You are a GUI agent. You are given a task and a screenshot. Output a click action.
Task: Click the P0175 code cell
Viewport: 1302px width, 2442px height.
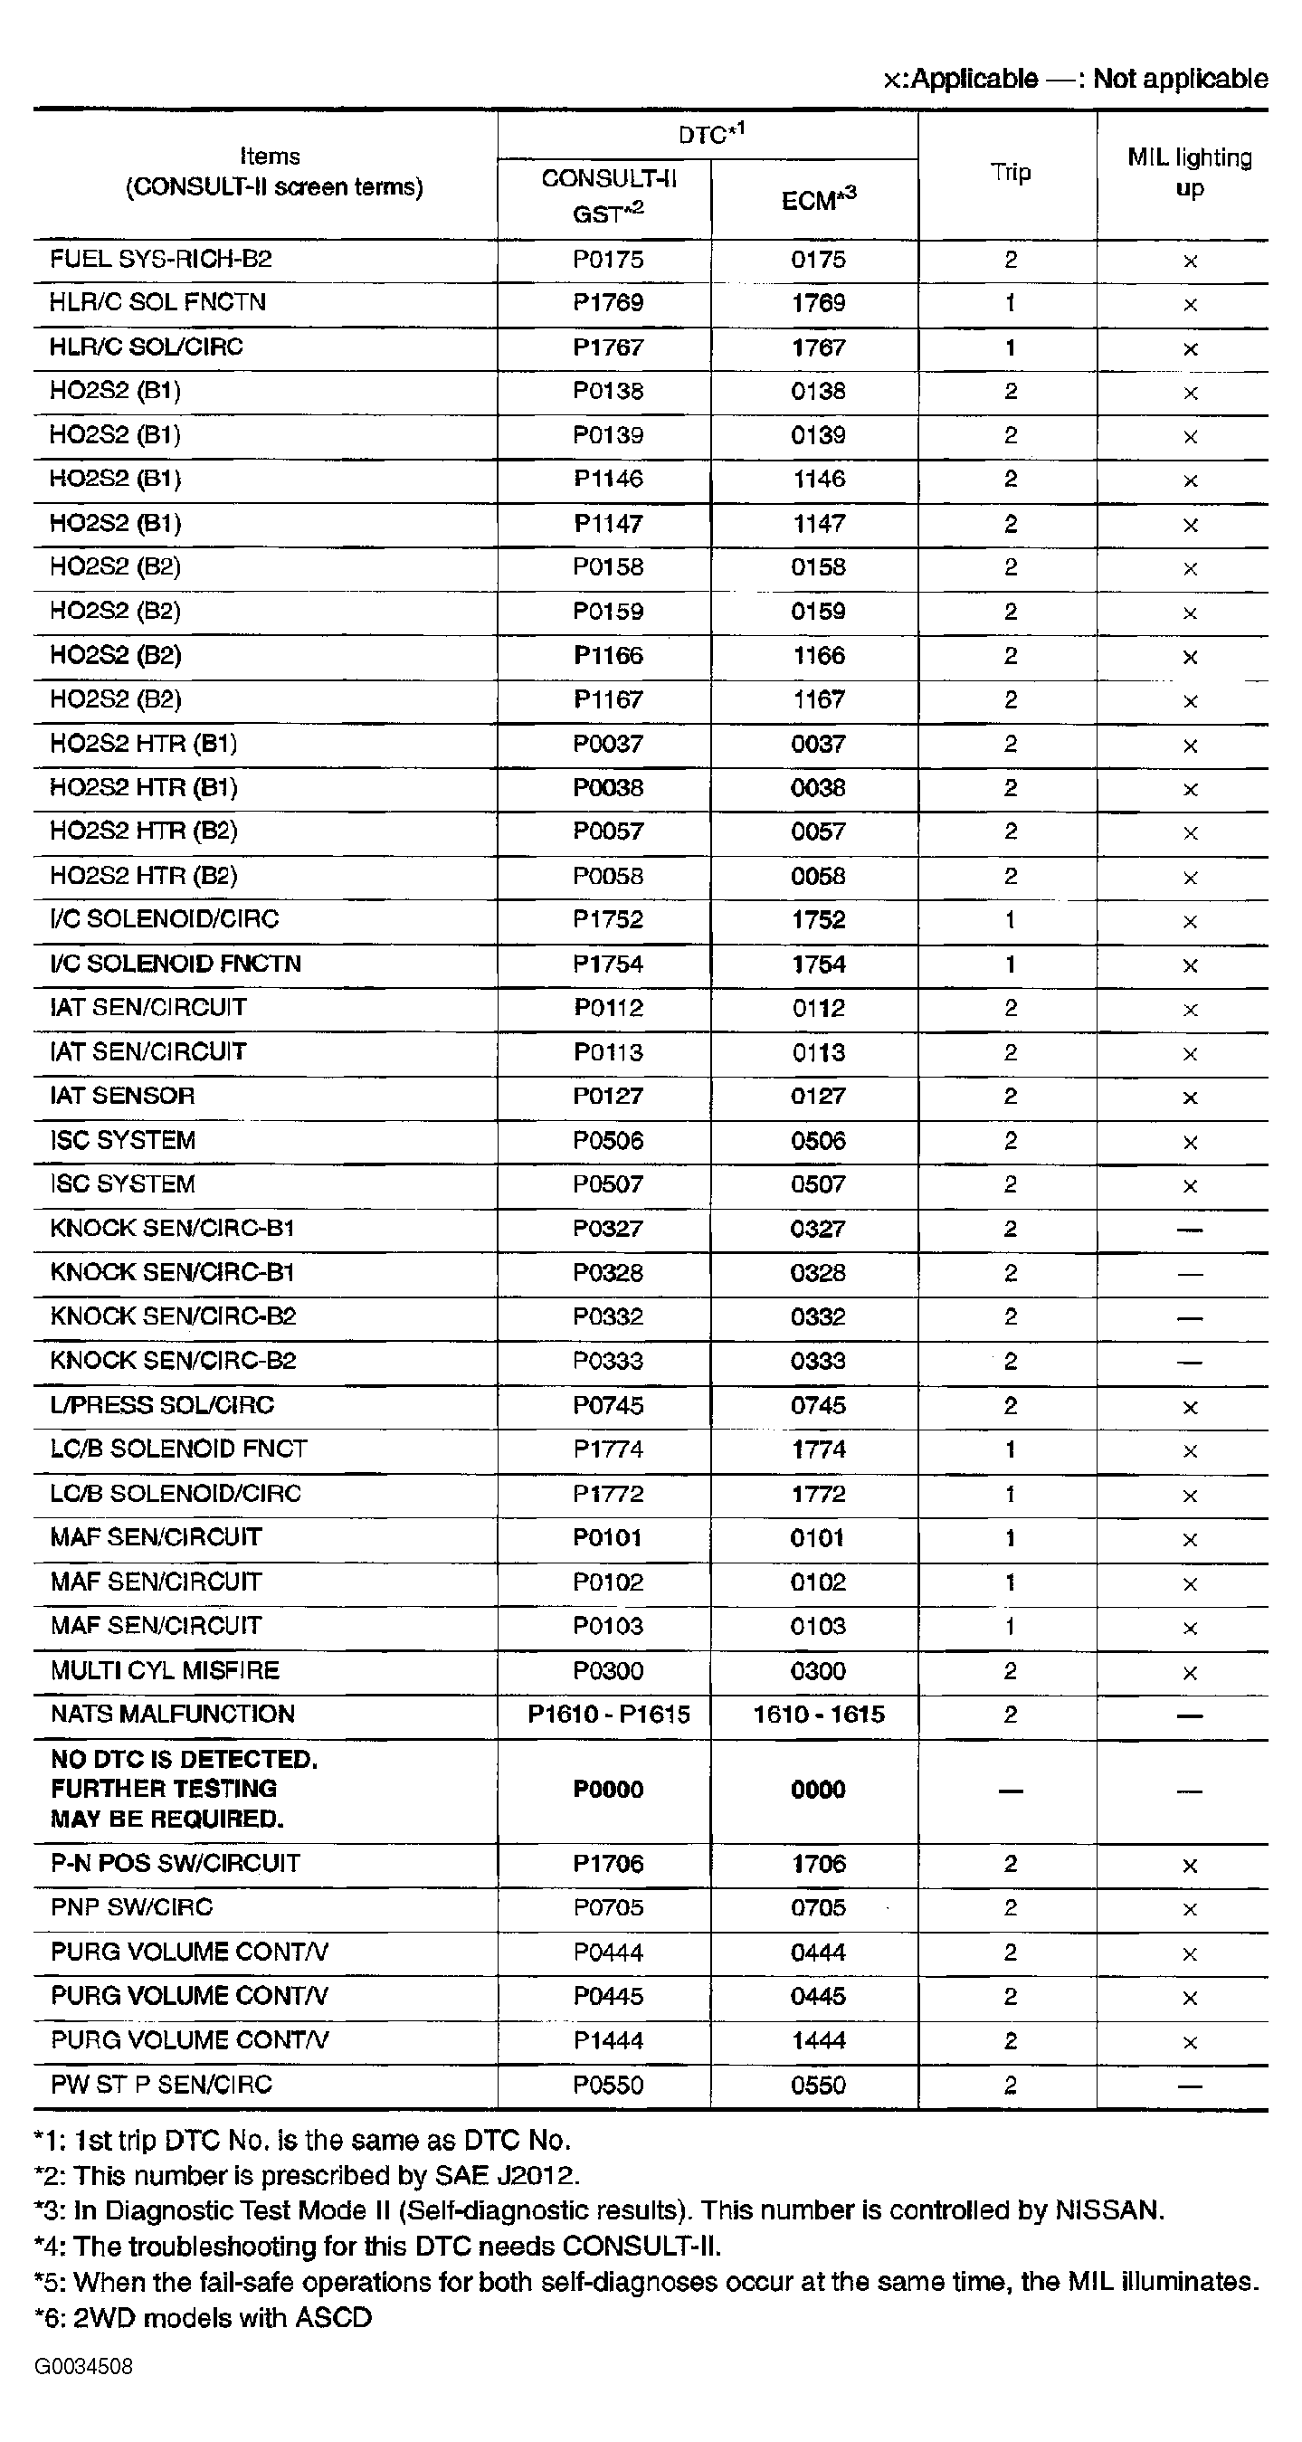[x=608, y=260]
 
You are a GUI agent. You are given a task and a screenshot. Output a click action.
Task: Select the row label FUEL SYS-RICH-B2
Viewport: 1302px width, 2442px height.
[x=160, y=260]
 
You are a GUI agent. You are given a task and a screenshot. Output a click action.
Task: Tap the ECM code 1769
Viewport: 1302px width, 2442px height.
[x=818, y=303]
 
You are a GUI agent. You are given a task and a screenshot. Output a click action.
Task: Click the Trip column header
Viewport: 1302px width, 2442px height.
[x=1010, y=173]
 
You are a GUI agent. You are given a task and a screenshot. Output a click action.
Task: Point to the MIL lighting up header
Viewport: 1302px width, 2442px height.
[x=1189, y=173]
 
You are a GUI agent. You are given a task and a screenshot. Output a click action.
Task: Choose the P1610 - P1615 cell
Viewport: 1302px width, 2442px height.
[x=608, y=1714]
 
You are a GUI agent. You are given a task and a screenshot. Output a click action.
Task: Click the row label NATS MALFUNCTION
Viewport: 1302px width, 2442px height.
[x=173, y=1714]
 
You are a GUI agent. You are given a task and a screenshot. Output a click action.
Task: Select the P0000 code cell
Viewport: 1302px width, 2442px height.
[x=608, y=1790]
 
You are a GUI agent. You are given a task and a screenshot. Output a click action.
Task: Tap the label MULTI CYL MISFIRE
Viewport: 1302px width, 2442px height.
[x=165, y=1670]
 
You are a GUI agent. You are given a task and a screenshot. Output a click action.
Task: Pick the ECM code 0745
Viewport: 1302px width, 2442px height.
[x=818, y=1406]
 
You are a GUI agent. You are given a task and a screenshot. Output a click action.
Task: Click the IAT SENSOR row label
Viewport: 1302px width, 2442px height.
[x=122, y=1096]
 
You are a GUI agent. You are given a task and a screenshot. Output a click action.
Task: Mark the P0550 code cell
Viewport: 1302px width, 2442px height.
[x=608, y=2086]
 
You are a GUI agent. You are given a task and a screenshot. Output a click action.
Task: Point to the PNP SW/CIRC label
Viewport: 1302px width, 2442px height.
[x=132, y=1907]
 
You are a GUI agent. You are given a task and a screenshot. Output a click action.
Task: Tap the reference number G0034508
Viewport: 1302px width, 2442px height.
[x=83, y=2366]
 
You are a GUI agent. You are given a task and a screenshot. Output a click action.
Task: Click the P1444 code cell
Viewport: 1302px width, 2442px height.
[x=608, y=2041]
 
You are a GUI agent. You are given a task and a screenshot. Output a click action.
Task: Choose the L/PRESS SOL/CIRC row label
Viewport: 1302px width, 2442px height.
[x=162, y=1406]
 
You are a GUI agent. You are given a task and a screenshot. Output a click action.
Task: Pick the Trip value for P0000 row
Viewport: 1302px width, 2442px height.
[x=1010, y=1791]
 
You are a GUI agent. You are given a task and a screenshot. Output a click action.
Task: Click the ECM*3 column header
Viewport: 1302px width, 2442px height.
[x=818, y=200]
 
